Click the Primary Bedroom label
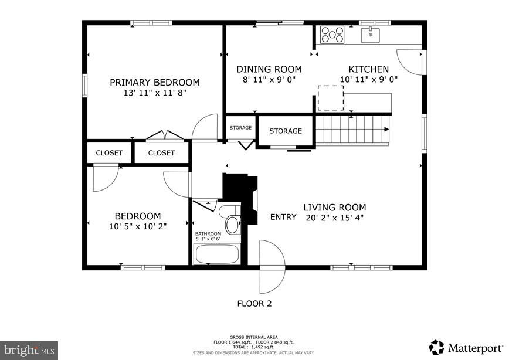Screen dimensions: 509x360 [x=155, y=83]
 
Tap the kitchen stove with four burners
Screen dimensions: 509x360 [x=332, y=35]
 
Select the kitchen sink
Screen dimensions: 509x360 [x=371, y=35]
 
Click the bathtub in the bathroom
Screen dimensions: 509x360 [x=217, y=254]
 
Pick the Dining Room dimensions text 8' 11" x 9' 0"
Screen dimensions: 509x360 [x=269, y=80]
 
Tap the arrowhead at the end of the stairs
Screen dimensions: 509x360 [x=386, y=129]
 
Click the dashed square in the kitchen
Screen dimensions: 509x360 [x=331, y=98]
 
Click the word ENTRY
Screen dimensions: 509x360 [x=283, y=217]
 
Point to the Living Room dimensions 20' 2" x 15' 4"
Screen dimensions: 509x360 [x=334, y=218]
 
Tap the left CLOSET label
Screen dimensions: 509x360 [x=109, y=153]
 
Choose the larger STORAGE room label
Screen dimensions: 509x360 [x=286, y=131]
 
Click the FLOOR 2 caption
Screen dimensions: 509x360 [x=254, y=304]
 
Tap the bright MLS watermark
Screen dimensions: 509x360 [x=29, y=350]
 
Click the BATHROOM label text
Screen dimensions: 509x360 [x=208, y=234]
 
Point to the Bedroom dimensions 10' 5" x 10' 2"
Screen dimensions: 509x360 [x=138, y=226]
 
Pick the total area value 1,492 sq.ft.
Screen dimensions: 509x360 [x=263, y=347]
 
